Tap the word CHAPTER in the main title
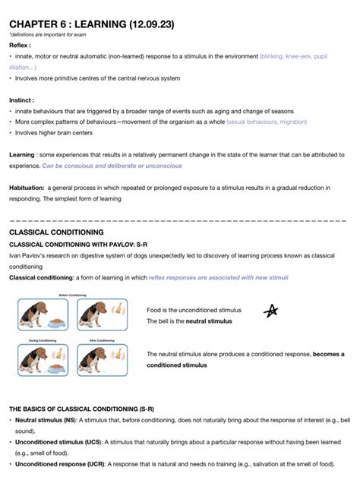35,24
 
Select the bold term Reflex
19,46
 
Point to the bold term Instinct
21,99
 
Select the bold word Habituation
26,187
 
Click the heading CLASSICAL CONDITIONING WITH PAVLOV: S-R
77,245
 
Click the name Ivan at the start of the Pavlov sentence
14,256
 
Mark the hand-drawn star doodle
270,310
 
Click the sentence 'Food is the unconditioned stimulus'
194,310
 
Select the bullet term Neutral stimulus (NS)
47,419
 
